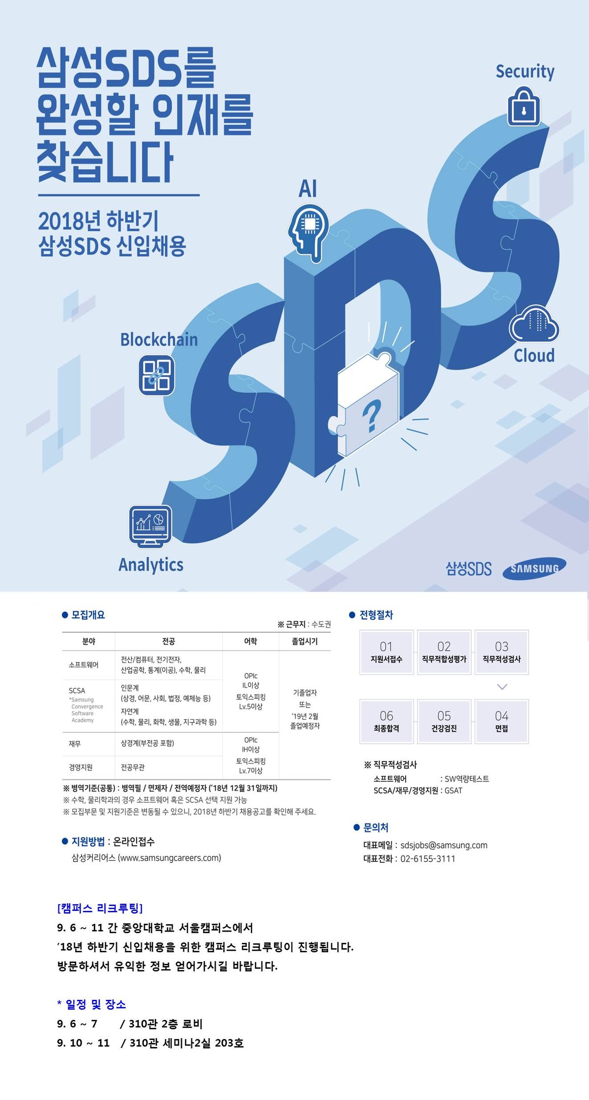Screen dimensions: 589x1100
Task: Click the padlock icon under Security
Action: (x=523, y=107)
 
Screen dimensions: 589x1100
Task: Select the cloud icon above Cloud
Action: (x=534, y=324)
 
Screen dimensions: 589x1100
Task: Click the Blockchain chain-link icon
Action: (x=157, y=375)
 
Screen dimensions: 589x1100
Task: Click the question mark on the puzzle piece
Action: (x=372, y=415)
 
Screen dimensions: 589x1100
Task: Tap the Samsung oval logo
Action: (x=534, y=569)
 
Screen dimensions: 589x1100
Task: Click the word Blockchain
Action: (x=159, y=340)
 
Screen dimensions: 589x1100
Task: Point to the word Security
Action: (x=525, y=72)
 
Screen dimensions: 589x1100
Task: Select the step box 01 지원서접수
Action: (x=386, y=652)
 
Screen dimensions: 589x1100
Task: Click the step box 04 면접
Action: (x=502, y=721)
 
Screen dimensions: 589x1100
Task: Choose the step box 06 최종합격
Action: (x=386, y=721)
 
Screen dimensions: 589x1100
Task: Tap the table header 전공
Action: (x=168, y=641)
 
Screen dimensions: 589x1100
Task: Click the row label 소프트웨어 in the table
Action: (x=83, y=665)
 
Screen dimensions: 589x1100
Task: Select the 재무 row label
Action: (x=75, y=744)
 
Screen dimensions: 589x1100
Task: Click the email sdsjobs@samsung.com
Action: (x=444, y=845)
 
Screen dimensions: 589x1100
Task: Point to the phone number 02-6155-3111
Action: (x=428, y=859)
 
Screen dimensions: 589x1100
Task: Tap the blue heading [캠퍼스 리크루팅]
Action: (x=100, y=908)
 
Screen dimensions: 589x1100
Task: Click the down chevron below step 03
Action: (x=502, y=687)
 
